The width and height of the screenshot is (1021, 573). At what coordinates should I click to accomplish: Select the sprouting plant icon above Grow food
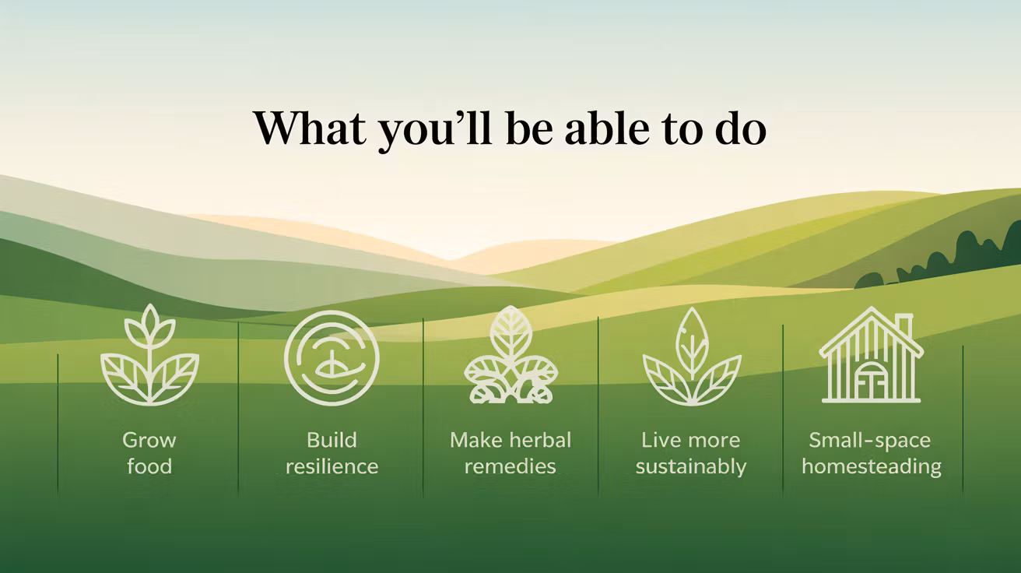pos(149,355)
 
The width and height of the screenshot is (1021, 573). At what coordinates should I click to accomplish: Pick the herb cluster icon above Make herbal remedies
pos(511,355)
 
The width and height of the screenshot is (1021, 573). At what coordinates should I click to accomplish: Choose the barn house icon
pos(871,355)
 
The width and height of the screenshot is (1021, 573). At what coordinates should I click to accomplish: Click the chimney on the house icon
pos(904,325)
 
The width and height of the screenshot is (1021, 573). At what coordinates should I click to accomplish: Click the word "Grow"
pos(149,441)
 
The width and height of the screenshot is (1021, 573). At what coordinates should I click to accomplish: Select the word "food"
pos(149,466)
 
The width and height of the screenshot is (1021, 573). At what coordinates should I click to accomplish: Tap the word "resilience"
pos(332,466)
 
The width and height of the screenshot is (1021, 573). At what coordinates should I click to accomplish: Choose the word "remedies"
pos(510,466)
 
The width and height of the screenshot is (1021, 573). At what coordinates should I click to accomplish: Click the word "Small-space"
pos(870,441)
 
